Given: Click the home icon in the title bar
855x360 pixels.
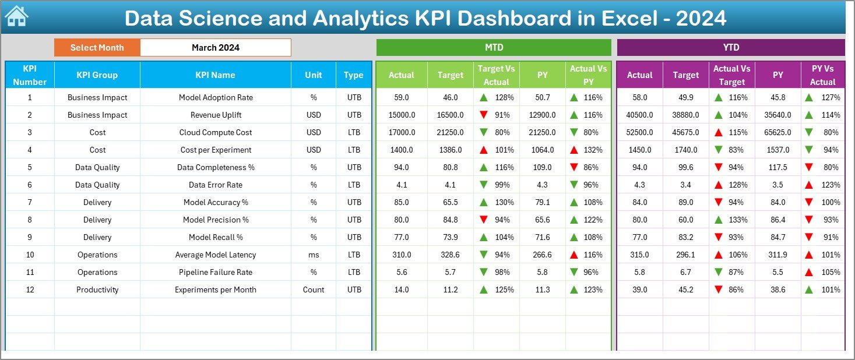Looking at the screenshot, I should [16, 17].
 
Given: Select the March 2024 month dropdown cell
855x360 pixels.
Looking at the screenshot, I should [215, 48].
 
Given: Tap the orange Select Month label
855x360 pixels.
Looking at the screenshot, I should [97, 48].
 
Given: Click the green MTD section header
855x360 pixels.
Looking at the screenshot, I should [494, 48].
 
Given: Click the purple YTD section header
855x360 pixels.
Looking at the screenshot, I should [731, 48].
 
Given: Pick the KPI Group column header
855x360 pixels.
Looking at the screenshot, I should [97, 75].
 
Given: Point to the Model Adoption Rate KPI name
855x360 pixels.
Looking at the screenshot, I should [215, 97].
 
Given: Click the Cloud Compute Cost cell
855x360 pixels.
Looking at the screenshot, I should [215, 132].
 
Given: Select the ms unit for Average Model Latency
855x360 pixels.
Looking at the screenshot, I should [314, 255].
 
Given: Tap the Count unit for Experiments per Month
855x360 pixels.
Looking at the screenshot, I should [314, 290].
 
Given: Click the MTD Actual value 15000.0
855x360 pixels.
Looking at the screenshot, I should [402, 115].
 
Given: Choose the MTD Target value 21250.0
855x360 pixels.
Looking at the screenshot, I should [451, 132].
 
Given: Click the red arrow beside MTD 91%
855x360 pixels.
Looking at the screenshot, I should [483, 115].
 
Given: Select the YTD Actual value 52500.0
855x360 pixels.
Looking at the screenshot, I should [639, 132].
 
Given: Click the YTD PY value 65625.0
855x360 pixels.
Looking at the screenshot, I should [777, 132].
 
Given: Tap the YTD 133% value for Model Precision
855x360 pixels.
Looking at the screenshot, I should [737, 220].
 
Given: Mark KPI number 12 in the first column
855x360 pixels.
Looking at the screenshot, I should [30, 290].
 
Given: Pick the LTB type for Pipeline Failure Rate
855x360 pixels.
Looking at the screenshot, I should [354, 272].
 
